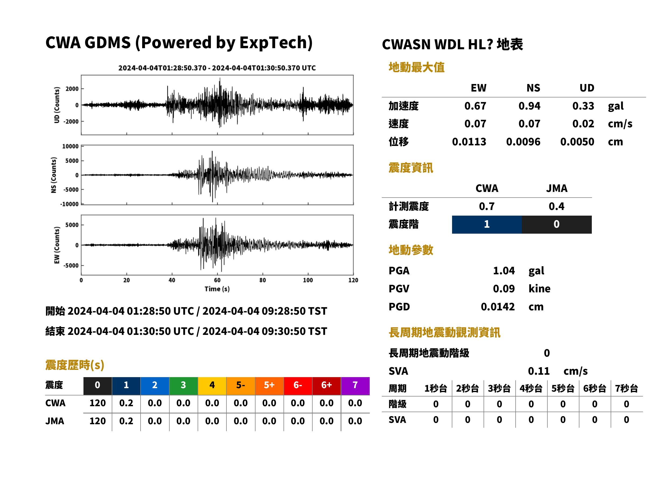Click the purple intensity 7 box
point(355,386)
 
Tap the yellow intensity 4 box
point(212,386)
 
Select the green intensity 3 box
point(183,386)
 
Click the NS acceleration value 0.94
point(529,106)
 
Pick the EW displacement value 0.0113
point(469,142)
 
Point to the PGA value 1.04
point(504,271)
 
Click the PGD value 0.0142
point(498,307)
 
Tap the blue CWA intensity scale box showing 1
point(487,225)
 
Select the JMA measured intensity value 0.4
point(556,206)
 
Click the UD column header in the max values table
point(587,88)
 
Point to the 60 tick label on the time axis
point(217,280)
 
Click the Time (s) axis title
point(217,289)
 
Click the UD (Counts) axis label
point(57,105)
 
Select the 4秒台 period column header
point(531,389)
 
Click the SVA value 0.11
point(539,371)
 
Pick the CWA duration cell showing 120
point(97,403)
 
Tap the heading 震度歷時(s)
point(75,365)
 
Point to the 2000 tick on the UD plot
point(72,89)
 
